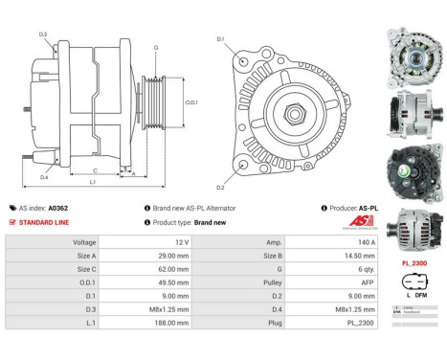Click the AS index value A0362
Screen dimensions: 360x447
(58, 208)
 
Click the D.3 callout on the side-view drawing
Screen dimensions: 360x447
(44, 34)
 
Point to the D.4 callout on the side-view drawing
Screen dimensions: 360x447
(44, 177)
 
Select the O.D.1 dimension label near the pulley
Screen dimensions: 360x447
(191, 102)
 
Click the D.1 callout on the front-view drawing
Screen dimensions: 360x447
(221, 39)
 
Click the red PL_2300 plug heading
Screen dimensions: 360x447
(414, 262)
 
